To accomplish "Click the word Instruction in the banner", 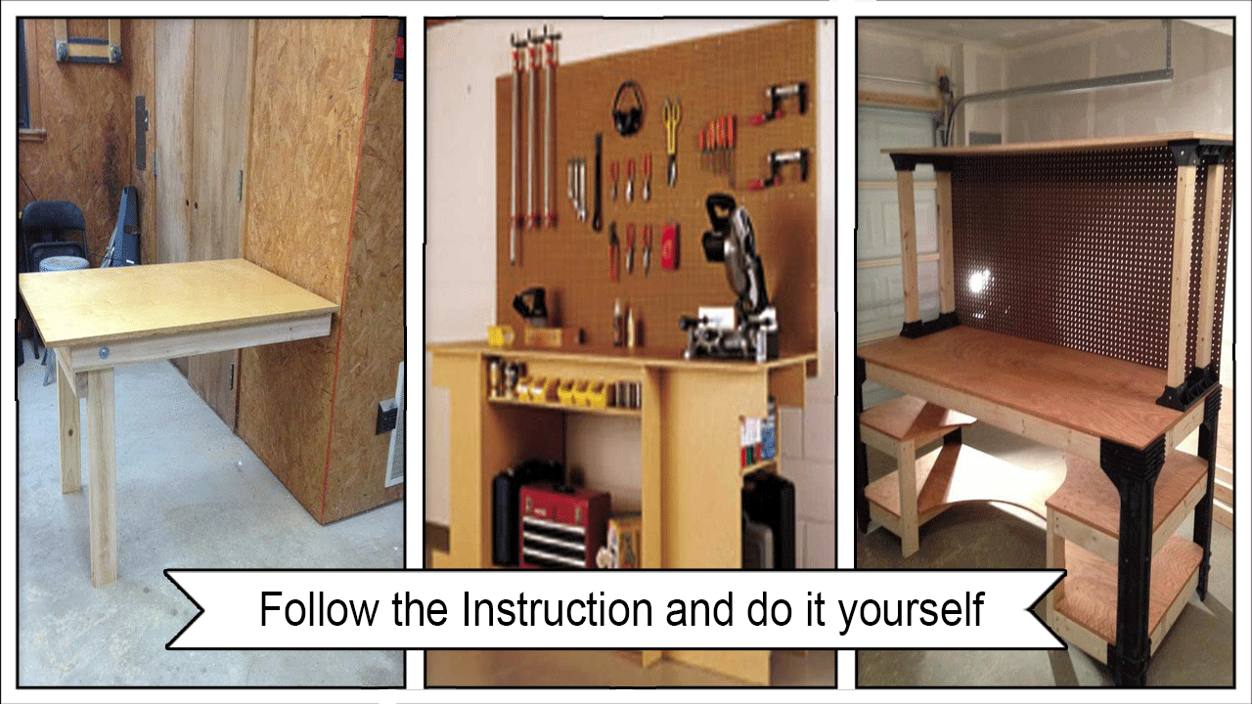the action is (558, 609).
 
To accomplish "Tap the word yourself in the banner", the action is (911, 611).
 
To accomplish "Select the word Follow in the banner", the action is (319, 609).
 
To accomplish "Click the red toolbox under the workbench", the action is (563, 525).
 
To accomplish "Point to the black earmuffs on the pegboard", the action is (629, 109).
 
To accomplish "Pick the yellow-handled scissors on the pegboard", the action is (672, 141).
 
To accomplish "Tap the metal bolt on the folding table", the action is (104, 353).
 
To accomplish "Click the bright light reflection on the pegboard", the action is (977, 281).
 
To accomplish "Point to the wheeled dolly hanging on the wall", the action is (88, 41).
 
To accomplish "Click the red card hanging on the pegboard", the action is (670, 245).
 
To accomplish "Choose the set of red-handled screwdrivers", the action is (717, 147).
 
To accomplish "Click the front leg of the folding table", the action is (103, 476).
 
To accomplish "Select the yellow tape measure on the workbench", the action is (501, 336).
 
